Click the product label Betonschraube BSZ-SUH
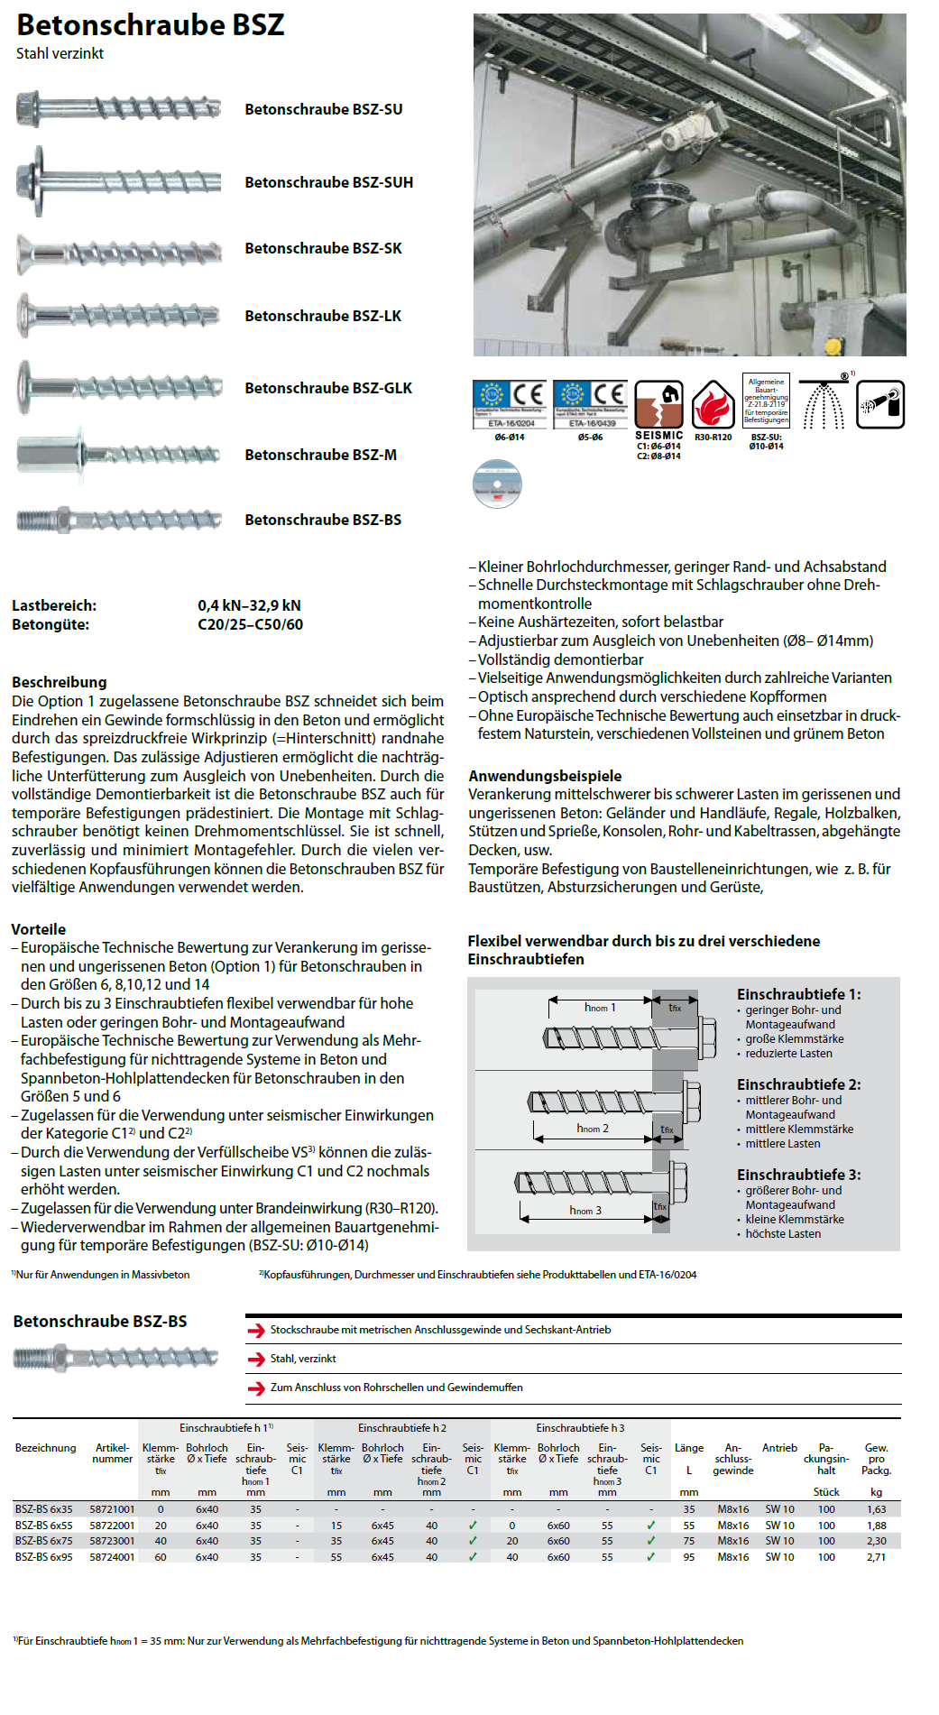coord(328,182)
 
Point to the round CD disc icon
coord(497,484)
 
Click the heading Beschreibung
coord(60,682)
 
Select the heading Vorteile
coord(38,929)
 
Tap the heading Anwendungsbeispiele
coord(545,776)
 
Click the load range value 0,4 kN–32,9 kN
coord(249,605)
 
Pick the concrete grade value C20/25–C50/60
coord(250,624)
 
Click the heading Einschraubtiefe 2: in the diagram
coord(798,1084)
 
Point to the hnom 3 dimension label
coord(585,1210)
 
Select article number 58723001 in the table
coord(112,1541)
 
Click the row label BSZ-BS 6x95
coord(43,1556)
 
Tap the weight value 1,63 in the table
coord(876,1509)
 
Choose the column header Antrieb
coord(779,1448)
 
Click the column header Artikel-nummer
coord(112,1453)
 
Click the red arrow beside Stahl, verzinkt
coord(256,1360)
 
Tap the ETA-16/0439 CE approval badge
coord(590,404)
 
